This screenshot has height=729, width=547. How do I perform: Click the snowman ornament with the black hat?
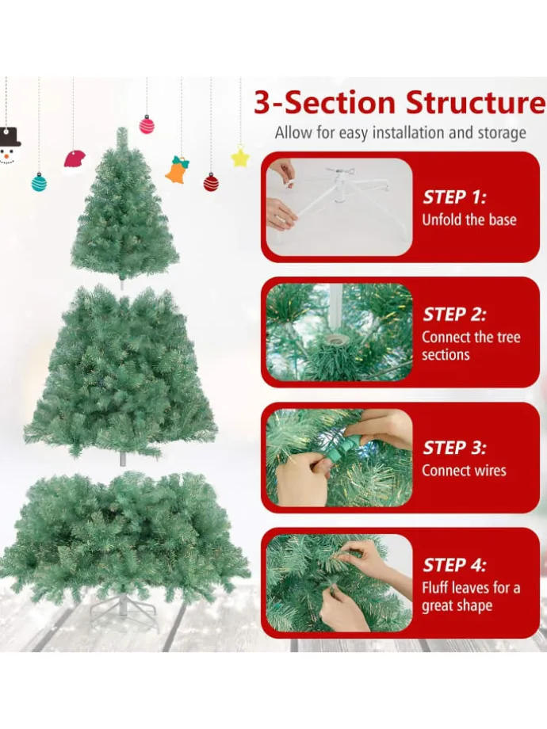(x=9, y=146)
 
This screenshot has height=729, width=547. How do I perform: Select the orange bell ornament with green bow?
(x=178, y=170)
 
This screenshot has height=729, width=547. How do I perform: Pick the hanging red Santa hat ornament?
(x=75, y=161)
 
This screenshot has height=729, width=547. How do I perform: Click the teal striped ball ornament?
(x=40, y=181)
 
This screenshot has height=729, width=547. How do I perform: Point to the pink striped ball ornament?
(x=147, y=124)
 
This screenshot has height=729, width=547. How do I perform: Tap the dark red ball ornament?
(x=211, y=181)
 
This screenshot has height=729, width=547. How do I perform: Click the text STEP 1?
(x=454, y=197)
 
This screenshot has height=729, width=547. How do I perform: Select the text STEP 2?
(x=454, y=315)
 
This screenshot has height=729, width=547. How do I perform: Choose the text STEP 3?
(x=454, y=448)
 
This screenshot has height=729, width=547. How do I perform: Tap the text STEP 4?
(x=454, y=565)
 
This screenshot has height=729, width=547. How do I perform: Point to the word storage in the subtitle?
(x=502, y=133)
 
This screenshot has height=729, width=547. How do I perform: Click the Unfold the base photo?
(x=339, y=207)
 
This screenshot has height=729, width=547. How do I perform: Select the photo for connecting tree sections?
(x=339, y=332)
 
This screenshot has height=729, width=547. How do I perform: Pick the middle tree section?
(x=121, y=372)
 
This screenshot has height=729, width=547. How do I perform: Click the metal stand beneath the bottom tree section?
(x=123, y=608)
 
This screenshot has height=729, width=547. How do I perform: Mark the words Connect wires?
(x=464, y=471)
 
